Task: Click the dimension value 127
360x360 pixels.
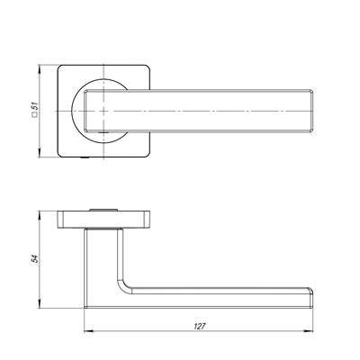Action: (x=200, y=326)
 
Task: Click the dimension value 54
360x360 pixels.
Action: (x=35, y=259)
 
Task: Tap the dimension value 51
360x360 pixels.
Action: (x=35, y=106)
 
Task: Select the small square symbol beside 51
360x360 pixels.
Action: (x=35, y=114)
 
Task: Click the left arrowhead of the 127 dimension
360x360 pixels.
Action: (x=89, y=331)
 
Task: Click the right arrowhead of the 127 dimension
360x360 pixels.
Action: (x=309, y=331)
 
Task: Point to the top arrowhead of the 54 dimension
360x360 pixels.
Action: (x=39, y=216)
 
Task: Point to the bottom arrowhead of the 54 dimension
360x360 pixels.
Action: (x=39, y=303)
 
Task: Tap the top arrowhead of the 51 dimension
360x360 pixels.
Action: (x=39, y=69)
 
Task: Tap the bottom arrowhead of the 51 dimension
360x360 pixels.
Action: (x=39, y=152)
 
